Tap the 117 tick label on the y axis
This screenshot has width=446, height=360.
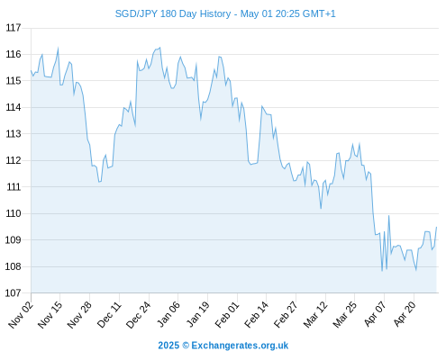[14, 28]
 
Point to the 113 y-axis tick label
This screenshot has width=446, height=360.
[14, 134]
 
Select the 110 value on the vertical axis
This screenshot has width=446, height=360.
[14, 213]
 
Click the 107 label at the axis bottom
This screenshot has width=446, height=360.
[14, 292]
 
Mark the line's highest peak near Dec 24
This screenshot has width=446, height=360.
[160, 48]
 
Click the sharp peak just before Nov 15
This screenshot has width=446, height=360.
[58, 48]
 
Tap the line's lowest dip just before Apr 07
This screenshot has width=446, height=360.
[382, 271]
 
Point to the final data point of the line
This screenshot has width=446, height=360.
[436, 227]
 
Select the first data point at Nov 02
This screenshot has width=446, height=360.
[31, 70]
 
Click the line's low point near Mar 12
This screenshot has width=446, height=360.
[321, 208]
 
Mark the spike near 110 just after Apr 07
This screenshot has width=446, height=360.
[388, 216]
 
